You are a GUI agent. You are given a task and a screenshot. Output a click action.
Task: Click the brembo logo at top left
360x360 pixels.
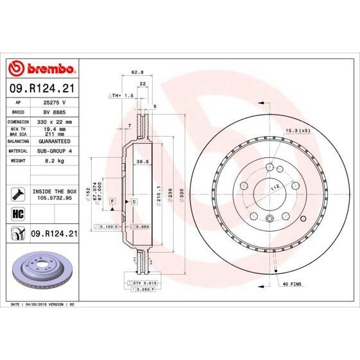pos(41,69)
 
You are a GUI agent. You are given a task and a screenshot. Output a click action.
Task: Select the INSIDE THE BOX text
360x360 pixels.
pos(55,192)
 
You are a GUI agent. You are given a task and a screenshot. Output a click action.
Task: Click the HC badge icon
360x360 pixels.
pos(17,213)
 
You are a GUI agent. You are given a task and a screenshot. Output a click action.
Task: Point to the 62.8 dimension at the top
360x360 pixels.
pos(137,73)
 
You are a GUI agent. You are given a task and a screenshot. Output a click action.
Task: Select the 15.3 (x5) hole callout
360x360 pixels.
pos(298,130)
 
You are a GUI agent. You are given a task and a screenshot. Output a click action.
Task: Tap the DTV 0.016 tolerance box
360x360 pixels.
pos(142,282)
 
